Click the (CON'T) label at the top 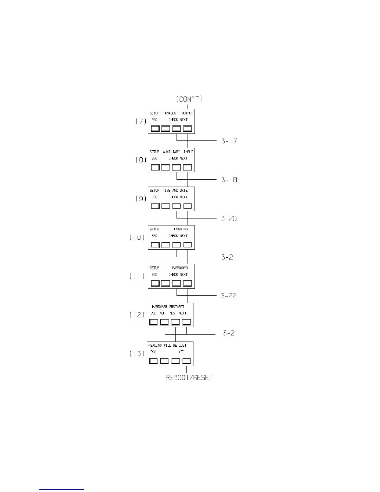(x=189, y=99)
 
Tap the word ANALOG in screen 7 (x=170, y=113)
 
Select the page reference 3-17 (x=229, y=141)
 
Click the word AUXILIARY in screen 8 (x=171, y=152)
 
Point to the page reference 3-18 (x=229, y=180)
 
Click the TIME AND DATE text (x=175, y=190)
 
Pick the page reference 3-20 (x=229, y=219)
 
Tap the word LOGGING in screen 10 (x=181, y=229)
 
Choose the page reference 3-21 (x=229, y=257)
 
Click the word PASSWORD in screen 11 (x=180, y=268)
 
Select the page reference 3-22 (x=228, y=296)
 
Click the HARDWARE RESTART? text (x=168, y=307)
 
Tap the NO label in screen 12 (x=162, y=313)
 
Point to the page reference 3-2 (x=228, y=333)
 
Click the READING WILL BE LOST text (x=167, y=345)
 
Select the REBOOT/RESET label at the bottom (x=189, y=378)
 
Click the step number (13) (x=137, y=353)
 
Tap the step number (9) (x=141, y=198)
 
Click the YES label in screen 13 (x=182, y=352)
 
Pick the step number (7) (x=141, y=121)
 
